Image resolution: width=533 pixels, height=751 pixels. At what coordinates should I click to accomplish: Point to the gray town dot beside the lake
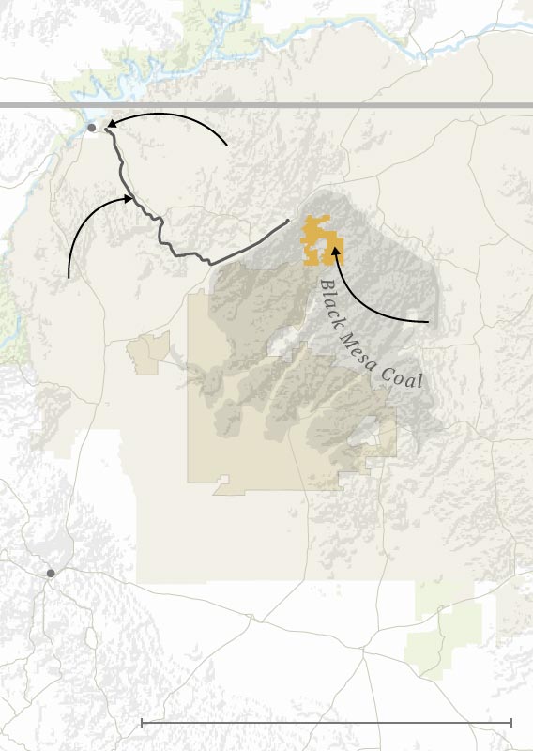pyautogui.click(x=91, y=127)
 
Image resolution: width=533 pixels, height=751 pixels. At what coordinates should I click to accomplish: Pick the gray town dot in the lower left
pyautogui.click(x=51, y=573)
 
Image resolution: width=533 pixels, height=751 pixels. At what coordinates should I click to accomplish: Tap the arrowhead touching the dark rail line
pyautogui.click(x=130, y=197)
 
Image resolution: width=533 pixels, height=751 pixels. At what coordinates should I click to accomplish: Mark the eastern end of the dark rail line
pyautogui.click(x=286, y=222)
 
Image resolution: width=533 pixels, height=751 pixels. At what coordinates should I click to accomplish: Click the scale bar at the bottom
pyautogui.click(x=326, y=722)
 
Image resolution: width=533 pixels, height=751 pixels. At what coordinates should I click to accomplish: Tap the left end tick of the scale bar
pyautogui.click(x=142, y=722)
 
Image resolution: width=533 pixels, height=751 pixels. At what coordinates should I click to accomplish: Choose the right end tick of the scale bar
pyautogui.click(x=510, y=722)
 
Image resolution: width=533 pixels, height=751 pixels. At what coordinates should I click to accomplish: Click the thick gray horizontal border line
pyautogui.click(x=282, y=105)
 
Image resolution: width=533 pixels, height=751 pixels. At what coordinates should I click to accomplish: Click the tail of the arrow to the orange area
pyautogui.click(x=429, y=322)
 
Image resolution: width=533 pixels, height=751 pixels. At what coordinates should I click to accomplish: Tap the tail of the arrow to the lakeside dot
pyautogui.click(x=227, y=146)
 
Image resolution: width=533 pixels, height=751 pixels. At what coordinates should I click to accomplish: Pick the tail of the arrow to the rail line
pyautogui.click(x=69, y=277)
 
